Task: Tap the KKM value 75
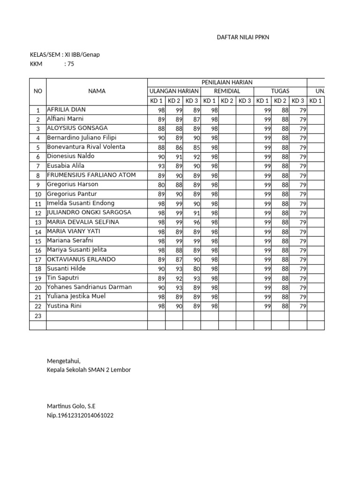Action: click(71, 64)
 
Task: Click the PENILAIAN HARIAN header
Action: click(227, 82)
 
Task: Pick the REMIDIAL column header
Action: click(227, 91)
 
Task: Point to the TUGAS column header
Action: click(280, 91)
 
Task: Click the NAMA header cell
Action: click(97, 91)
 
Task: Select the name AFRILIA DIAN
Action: click(66, 110)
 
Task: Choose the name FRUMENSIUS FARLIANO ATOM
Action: click(91, 175)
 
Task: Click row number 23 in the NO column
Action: click(37, 316)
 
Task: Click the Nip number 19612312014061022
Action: click(80, 415)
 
